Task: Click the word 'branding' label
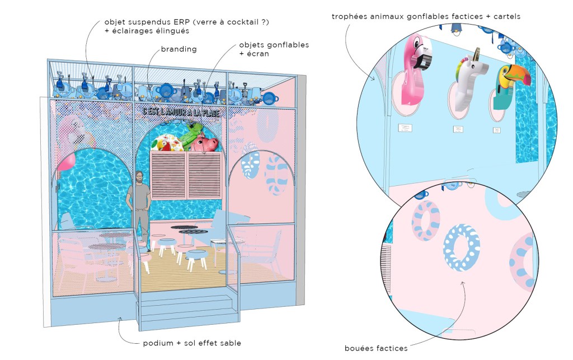click(x=179, y=49)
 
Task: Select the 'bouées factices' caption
click(x=376, y=348)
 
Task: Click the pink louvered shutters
click(x=186, y=174)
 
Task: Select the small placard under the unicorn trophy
click(x=458, y=129)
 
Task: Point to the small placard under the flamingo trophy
click(x=404, y=128)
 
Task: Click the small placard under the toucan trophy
click(x=496, y=130)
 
